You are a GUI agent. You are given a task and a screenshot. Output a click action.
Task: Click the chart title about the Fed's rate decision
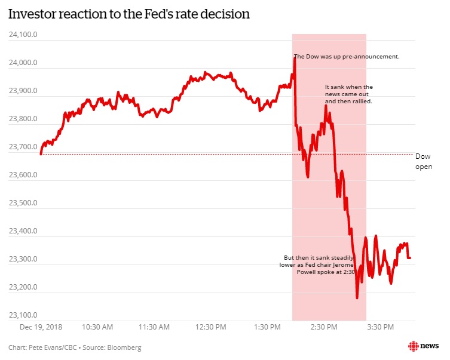(128, 14)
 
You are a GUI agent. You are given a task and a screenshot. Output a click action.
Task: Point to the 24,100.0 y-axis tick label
(23, 35)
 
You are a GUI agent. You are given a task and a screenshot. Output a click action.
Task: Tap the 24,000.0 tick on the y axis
(23, 63)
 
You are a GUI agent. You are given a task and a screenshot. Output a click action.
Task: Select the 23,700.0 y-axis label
(23, 147)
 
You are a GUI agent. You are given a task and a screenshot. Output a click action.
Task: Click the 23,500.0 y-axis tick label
(23, 203)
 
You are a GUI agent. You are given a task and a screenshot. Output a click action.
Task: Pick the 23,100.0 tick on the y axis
(23, 315)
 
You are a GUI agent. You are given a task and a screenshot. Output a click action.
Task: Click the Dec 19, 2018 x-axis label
(41, 327)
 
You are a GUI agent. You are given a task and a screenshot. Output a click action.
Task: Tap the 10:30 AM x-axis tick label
(97, 327)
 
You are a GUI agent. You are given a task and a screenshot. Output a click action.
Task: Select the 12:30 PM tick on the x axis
(211, 327)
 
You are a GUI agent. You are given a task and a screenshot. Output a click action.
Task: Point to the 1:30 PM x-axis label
(268, 327)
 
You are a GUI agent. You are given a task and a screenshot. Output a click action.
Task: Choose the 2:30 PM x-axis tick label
(325, 327)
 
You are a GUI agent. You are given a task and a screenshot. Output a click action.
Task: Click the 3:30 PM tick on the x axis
(381, 327)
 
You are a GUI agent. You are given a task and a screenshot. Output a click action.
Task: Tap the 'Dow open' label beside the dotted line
(423, 161)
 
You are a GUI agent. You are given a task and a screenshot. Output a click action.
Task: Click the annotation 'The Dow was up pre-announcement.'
(347, 57)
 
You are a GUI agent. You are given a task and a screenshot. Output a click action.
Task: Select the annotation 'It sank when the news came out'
(348, 94)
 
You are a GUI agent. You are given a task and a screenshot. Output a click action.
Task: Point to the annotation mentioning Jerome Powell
(317, 264)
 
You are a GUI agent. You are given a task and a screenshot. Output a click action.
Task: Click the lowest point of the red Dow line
(357, 297)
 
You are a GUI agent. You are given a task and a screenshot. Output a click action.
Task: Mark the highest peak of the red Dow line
(295, 58)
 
